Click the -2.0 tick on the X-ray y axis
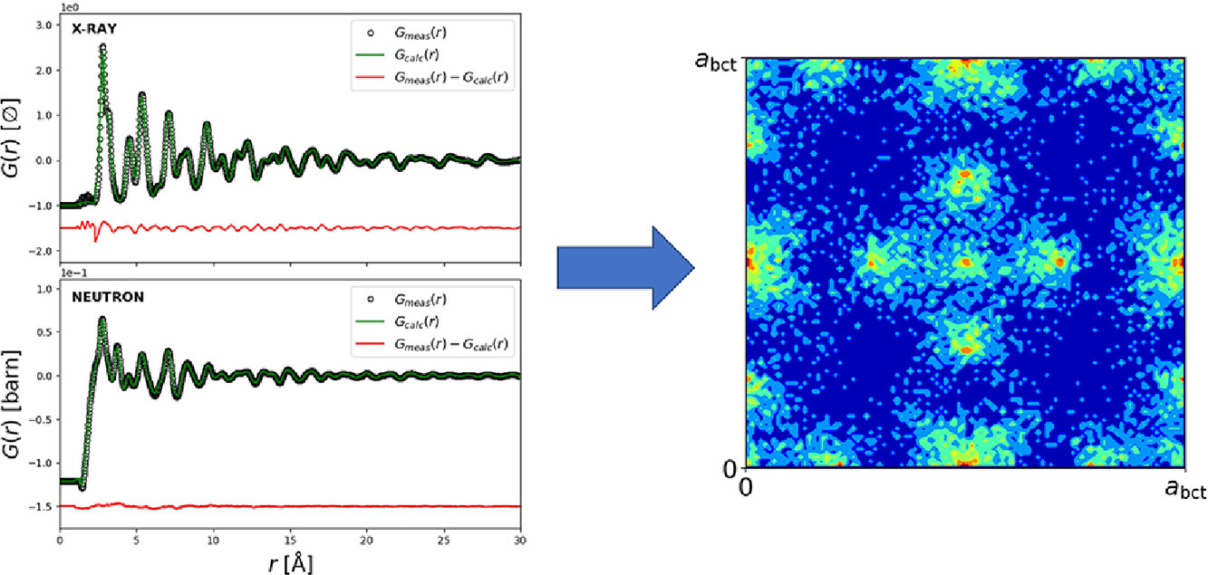(x=39, y=252)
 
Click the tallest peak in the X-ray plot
(x=102, y=46)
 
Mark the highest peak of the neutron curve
(x=102, y=319)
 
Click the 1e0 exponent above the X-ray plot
(x=70, y=6)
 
